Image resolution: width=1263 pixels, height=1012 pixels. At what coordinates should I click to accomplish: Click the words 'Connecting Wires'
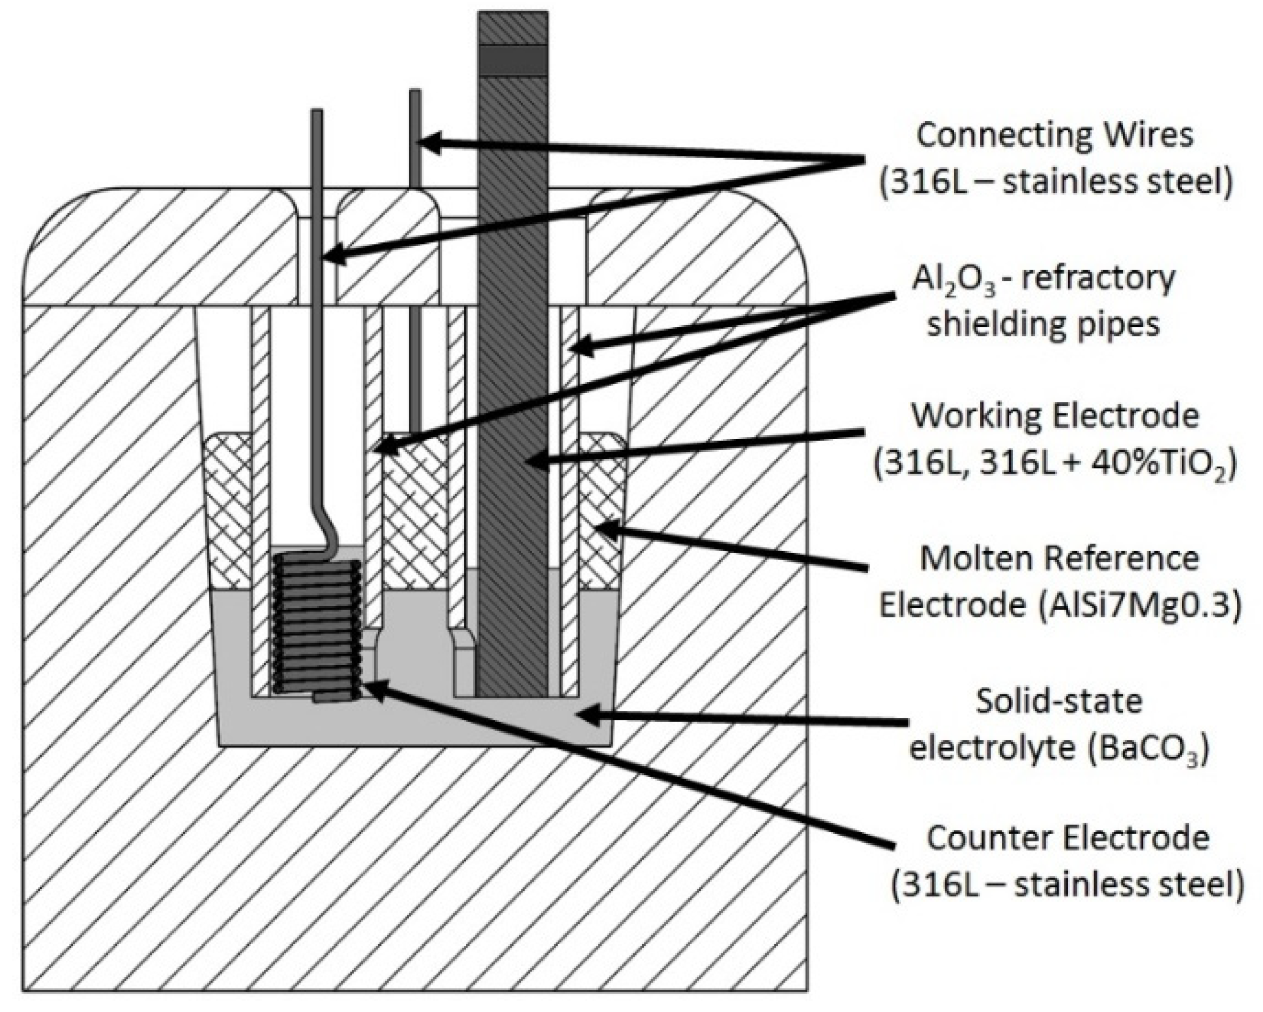point(1055,136)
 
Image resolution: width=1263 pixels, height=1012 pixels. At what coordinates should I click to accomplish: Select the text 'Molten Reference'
point(1059,559)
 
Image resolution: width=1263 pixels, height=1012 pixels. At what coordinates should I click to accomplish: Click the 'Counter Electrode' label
point(1067,838)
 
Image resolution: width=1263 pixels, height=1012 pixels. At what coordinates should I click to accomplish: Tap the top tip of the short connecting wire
point(415,92)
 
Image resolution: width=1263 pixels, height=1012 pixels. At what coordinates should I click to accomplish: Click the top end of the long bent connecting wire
point(317,112)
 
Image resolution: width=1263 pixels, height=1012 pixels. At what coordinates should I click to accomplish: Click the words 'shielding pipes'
point(1043,324)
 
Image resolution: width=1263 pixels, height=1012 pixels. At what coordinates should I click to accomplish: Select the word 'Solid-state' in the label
point(1059,702)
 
